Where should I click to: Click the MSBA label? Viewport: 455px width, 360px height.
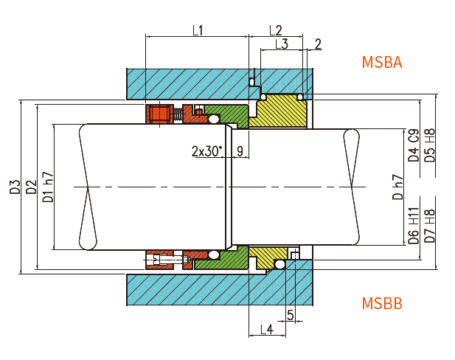point(381,62)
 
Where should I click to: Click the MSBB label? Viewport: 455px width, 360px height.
point(381,303)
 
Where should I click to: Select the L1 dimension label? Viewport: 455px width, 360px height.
point(198,30)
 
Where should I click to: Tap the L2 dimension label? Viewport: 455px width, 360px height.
point(275,30)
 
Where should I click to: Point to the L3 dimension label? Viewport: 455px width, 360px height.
point(282,44)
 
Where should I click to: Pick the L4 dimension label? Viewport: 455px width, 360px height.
point(267,328)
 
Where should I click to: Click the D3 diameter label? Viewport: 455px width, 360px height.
point(15,187)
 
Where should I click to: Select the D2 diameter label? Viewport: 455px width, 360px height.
point(31,187)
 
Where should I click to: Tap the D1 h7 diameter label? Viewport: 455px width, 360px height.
point(48,187)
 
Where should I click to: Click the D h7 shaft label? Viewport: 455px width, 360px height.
point(397,187)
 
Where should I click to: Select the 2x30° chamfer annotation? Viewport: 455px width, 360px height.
point(206,151)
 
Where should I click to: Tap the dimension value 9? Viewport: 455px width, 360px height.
point(240,151)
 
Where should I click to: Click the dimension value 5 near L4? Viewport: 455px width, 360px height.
point(290,315)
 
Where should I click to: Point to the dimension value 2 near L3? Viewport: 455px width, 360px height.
point(318,44)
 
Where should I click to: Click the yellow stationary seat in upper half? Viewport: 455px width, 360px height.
point(284,111)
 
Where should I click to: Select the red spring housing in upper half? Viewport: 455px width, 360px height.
point(159,114)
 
